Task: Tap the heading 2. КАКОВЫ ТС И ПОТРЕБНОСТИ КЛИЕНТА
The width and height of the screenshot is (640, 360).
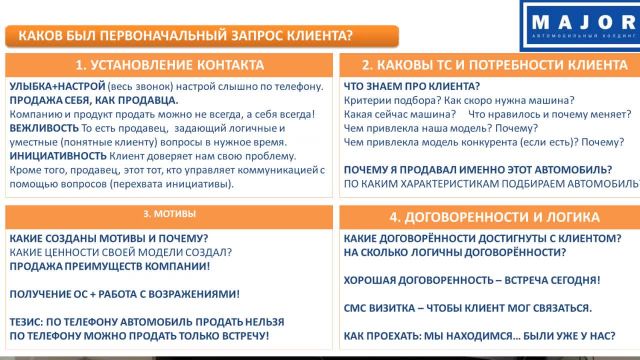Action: [x=484, y=65]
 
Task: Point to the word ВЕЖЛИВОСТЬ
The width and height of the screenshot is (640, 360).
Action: [x=44, y=129]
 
